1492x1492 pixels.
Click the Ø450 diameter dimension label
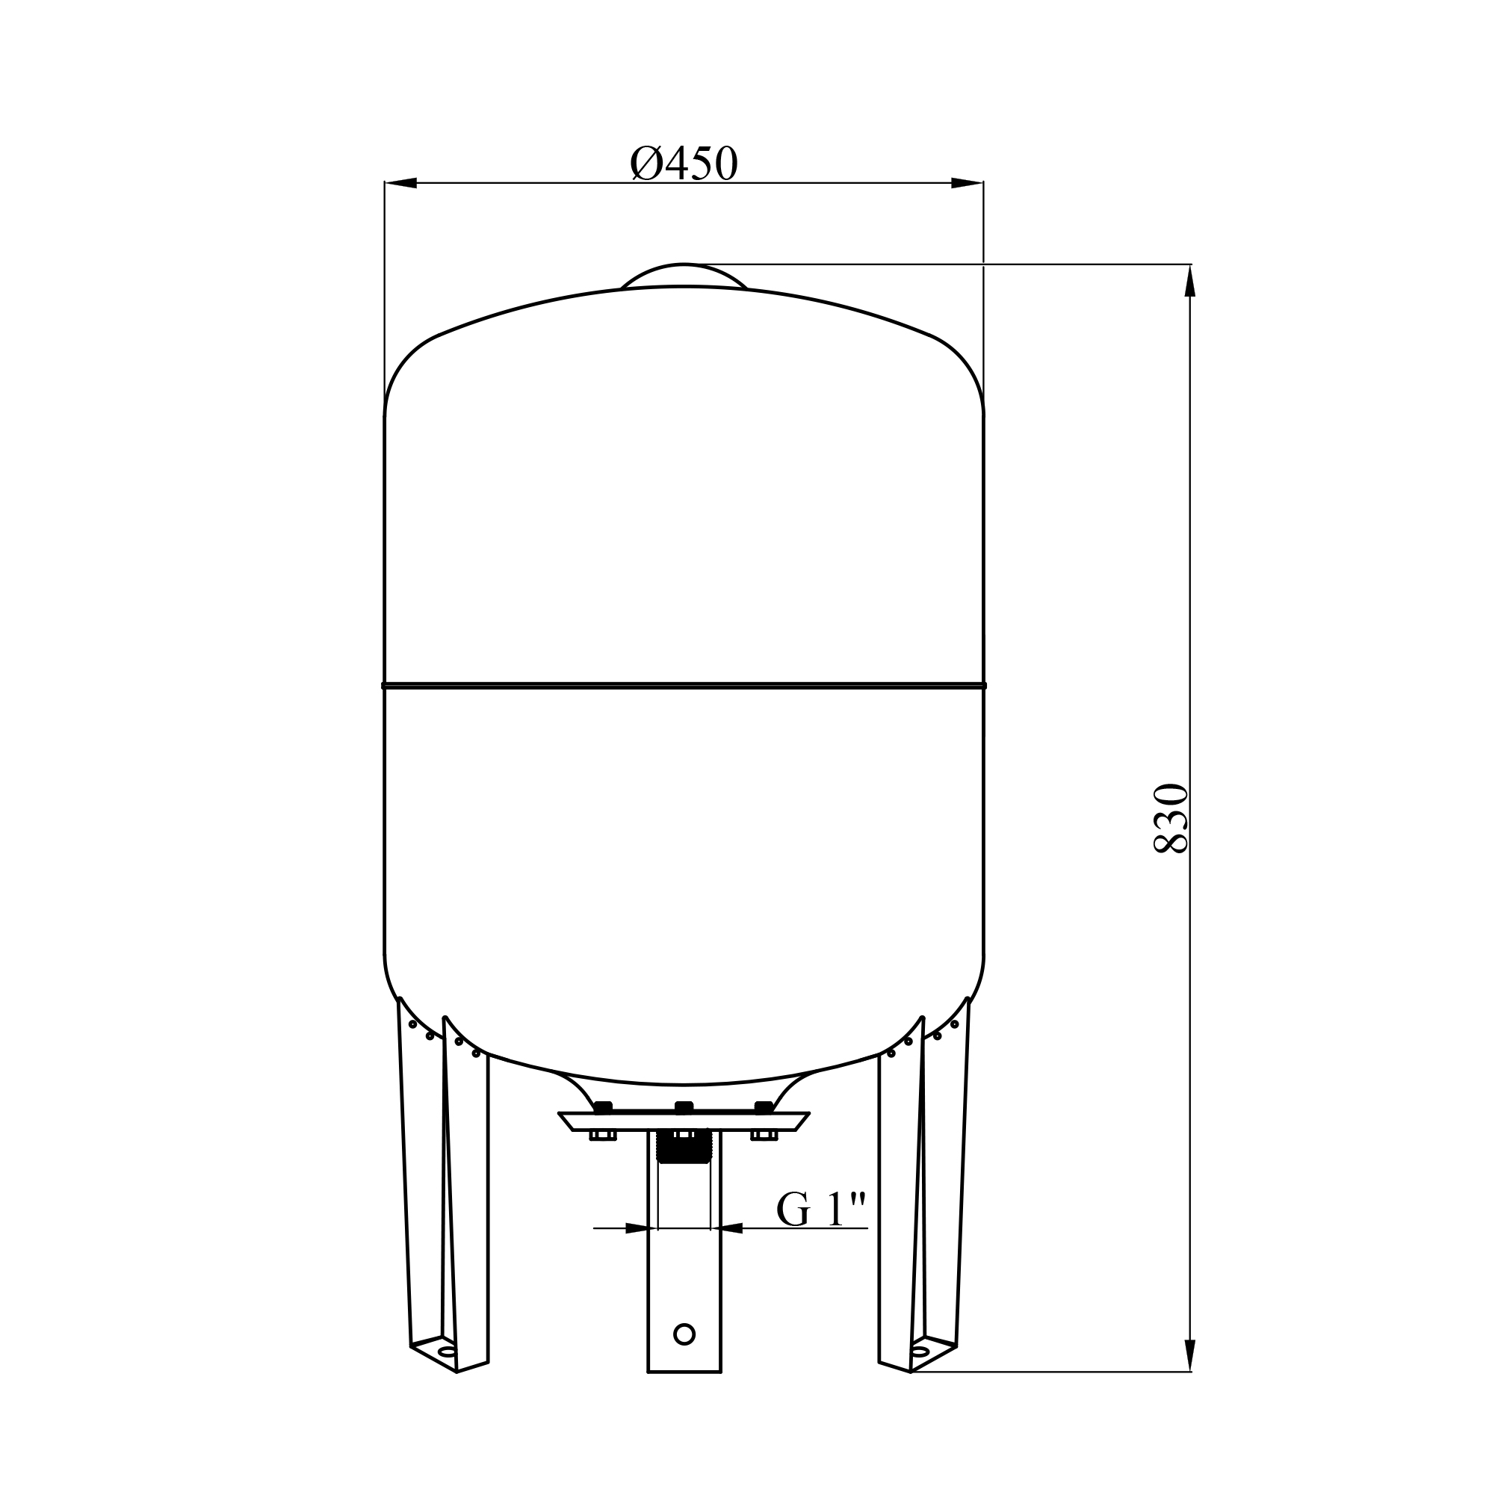pos(684,163)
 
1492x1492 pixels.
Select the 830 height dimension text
pos(1170,819)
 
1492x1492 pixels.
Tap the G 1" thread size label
pos(822,1210)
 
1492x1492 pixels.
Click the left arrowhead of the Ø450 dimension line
pos(400,183)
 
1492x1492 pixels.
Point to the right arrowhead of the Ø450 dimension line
pos(967,183)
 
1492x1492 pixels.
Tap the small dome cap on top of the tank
pos(684,275)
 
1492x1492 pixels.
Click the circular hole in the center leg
pos(684,1334)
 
